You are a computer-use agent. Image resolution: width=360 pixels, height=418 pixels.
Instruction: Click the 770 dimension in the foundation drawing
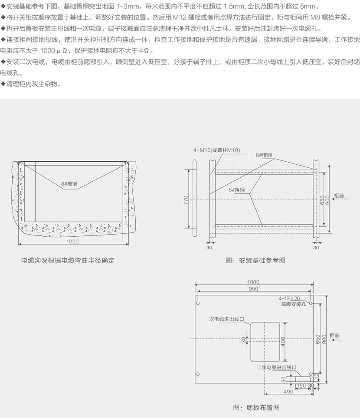(x=186, y=200)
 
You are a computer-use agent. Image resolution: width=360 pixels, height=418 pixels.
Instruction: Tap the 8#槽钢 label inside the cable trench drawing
(x=68, y=183)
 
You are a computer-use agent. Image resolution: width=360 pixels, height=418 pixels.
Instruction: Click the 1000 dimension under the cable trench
(x=72, y=242)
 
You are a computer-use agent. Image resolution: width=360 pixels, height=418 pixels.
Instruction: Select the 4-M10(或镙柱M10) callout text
(x=216, y=150)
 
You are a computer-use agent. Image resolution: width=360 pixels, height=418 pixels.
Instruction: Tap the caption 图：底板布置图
(x=256, y=408)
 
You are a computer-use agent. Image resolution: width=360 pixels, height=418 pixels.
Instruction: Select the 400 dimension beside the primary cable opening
(x=282, y=342)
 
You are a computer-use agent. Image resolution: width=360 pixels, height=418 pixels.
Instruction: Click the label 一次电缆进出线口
(x=224, y=319)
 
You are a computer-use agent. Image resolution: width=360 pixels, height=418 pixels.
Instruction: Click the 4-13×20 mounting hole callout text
(x=291, y=298)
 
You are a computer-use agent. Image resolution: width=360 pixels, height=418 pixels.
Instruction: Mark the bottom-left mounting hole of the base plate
(x=198, y=374)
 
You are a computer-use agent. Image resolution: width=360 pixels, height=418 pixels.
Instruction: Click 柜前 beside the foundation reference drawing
(x=339, y=196)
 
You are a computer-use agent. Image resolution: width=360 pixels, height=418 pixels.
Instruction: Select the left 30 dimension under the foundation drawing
(x=209, y=248)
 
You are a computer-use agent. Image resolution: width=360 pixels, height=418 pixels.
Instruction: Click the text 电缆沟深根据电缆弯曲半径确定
(x=68, y=261)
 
